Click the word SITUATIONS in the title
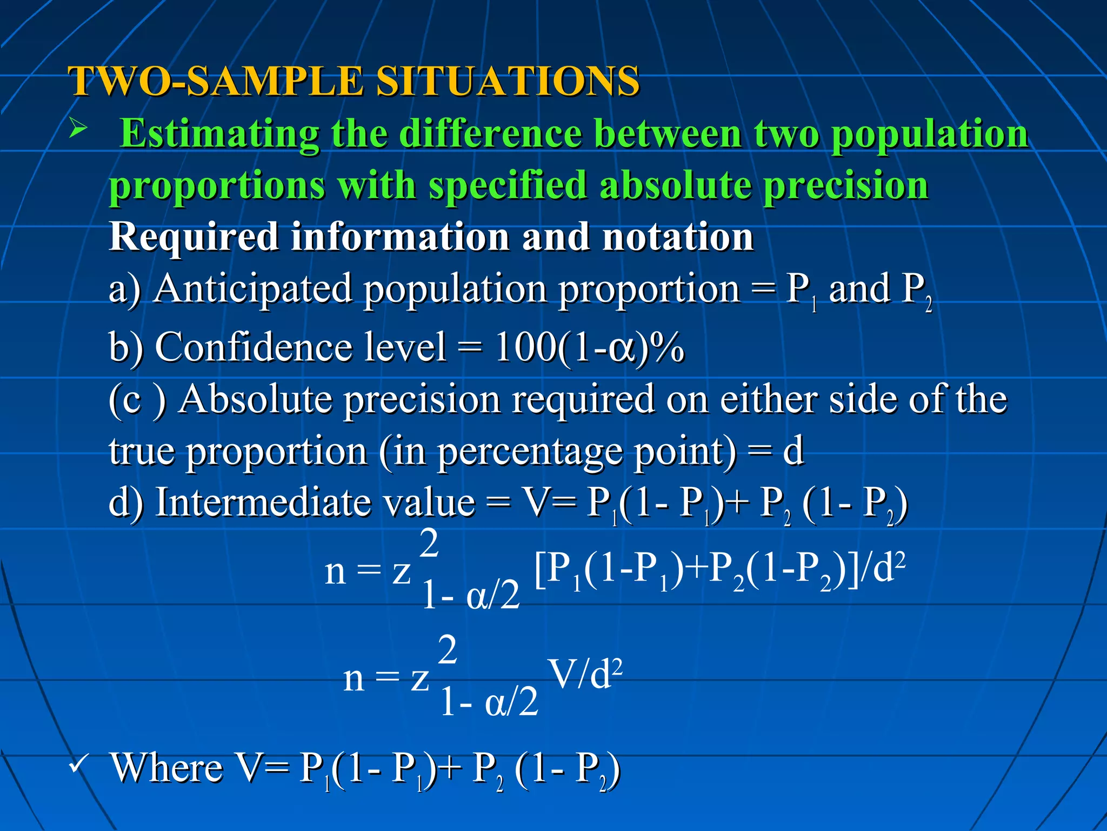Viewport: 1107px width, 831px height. tap(507, 81)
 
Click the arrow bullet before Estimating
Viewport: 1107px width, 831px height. tap(78, 129)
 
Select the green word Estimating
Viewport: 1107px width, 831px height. tap(219, 134)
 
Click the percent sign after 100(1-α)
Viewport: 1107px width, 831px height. tap(668, 347)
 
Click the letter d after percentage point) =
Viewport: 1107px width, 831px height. tap(793, 451)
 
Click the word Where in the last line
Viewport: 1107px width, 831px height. tap(167, 768)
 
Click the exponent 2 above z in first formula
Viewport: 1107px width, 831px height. tap(429, 544)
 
